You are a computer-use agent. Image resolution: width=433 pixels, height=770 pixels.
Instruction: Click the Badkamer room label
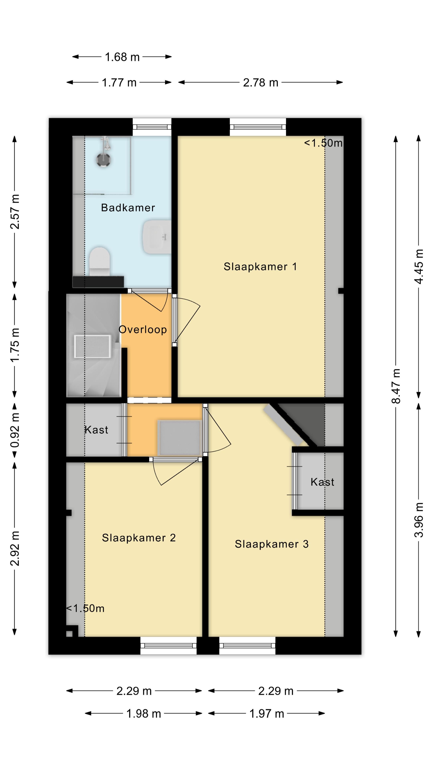tap(128, 208)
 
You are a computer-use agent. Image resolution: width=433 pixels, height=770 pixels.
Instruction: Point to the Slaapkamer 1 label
tap(260, 267)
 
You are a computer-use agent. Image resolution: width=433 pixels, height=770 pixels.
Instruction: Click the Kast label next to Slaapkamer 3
tap(322, 482)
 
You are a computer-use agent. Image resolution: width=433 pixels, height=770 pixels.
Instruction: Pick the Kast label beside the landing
tap(96, 430)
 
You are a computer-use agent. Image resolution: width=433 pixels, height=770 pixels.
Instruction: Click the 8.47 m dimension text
tap(396, 386)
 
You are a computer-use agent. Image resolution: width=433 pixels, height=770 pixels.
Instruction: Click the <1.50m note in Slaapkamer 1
tap(323, 143)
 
